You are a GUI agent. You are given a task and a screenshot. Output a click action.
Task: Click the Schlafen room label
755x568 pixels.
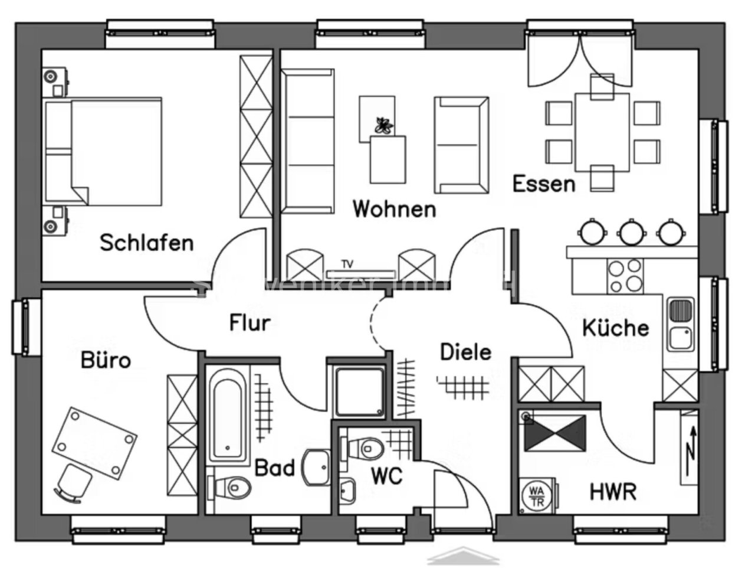pos(146,243)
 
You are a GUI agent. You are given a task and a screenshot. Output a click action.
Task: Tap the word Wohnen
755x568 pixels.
pos(394,209)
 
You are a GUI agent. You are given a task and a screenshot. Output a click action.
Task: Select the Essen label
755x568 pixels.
pos(543,184)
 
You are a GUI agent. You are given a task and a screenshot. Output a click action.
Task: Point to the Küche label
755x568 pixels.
pos(615,328)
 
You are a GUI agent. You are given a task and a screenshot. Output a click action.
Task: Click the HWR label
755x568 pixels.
pos(613,491)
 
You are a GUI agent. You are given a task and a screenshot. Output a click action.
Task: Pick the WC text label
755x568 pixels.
pos(386,475)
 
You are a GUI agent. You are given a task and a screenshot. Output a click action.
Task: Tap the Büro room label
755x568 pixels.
pos(106,360)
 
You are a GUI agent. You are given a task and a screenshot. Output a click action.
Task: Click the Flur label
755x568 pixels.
pos(250,323)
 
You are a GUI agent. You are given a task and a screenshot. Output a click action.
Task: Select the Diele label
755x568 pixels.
pos(465,352)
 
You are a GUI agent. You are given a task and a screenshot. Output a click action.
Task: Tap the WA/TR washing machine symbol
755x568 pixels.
pos(537,494)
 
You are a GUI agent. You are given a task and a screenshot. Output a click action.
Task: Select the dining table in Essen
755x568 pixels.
pos(602,133)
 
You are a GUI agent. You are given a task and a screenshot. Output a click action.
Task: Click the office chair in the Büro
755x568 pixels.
pos(74,482)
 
